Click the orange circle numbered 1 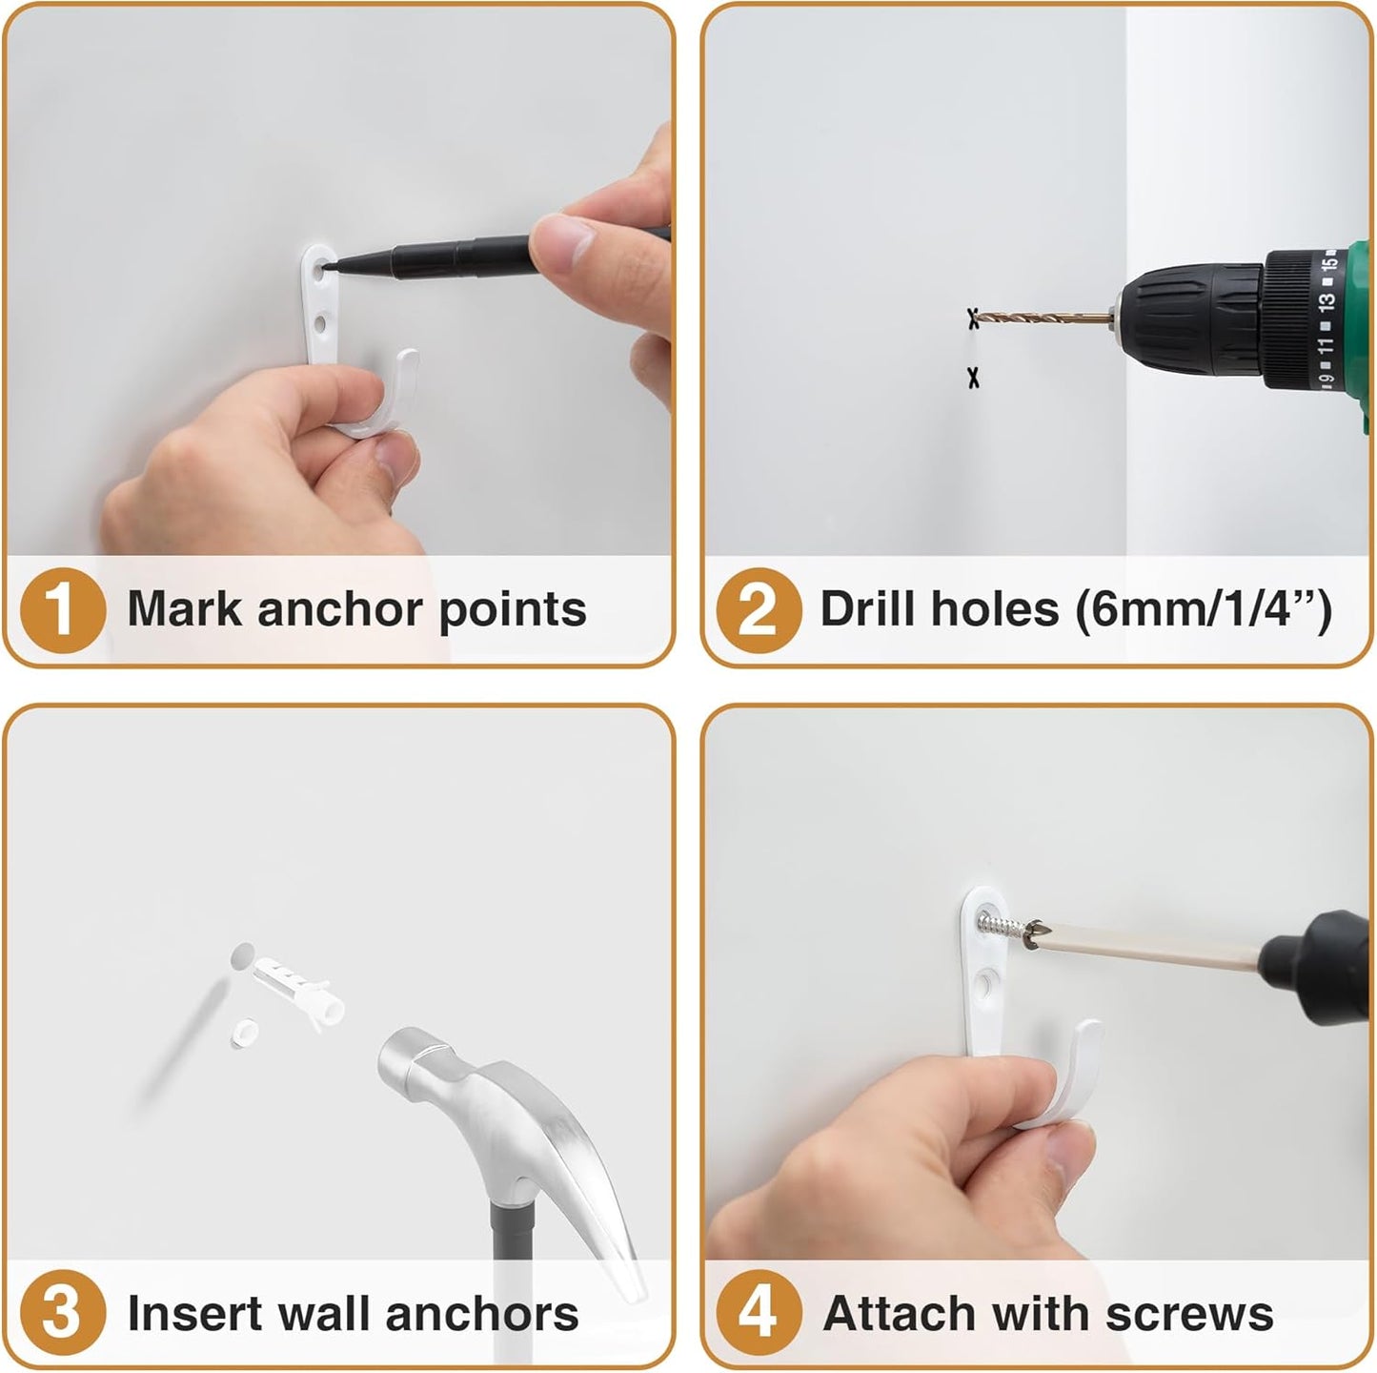[x=61, y=610]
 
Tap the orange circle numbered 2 [x=758, y=610]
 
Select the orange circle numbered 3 [x=61, y=1313]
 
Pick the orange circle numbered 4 [x=758, y=1313]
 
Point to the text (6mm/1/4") [x=1203, y=608]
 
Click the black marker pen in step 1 [x=448, y=254]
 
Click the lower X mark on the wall [x=973, y=379]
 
